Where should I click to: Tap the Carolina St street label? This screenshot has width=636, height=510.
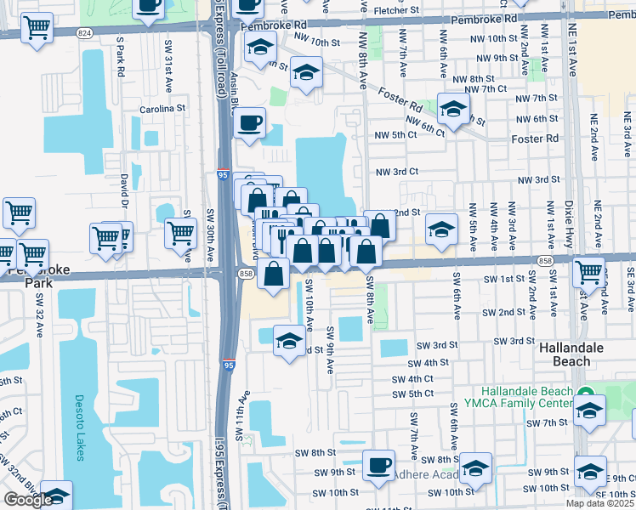pyautogui.click(x=162, y=109)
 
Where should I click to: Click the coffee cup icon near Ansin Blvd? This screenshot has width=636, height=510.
pyautogui.click(x=250, y=123)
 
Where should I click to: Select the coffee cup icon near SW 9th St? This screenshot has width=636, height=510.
pyautogui.click(x=378, y=465)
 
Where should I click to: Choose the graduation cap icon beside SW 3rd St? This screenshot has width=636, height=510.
pyautogui.click(x=289, y=342)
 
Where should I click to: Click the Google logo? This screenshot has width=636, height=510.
pyautogui.click(x=28, y=500)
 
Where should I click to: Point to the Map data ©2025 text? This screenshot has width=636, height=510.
pyautogui.click(x=599, y=503)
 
